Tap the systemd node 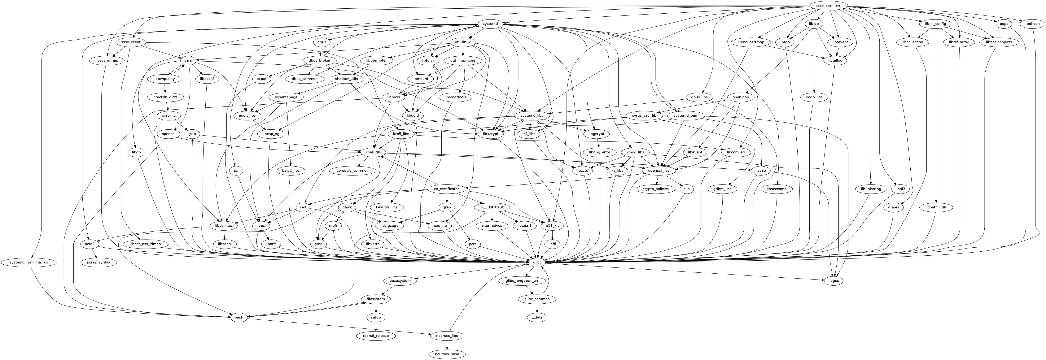491,24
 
